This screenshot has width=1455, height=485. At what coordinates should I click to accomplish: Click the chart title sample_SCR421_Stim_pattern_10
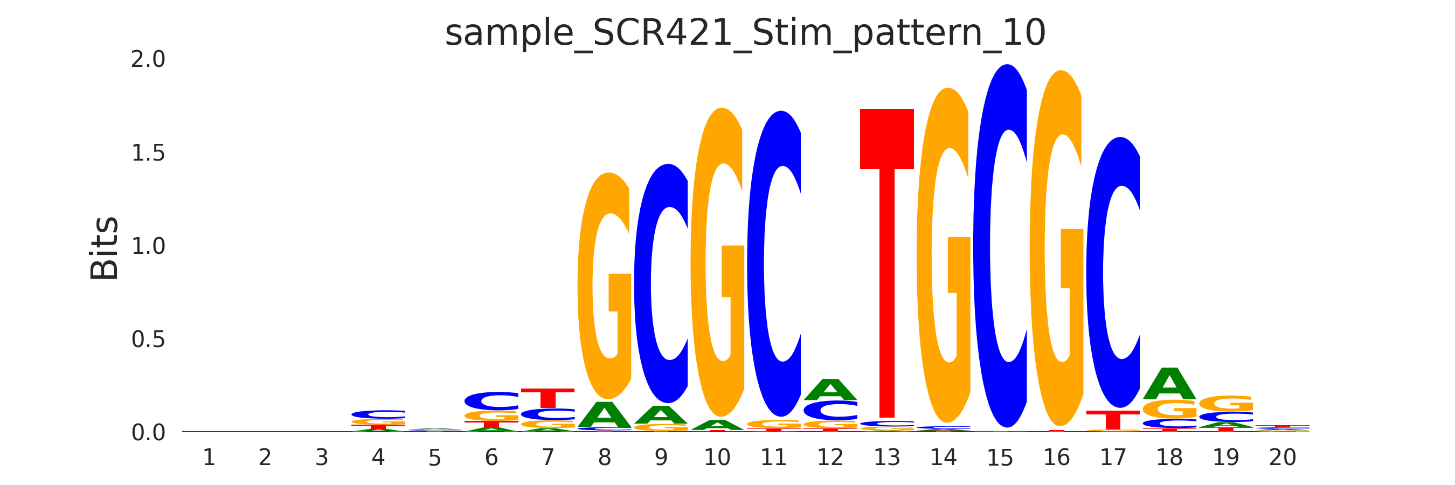[745, 33]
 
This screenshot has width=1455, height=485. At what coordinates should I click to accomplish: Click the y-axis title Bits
[105, 248]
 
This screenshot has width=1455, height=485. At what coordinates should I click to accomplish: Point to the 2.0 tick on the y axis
[148, 59]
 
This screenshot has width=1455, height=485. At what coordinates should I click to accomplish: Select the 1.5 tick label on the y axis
[148, 153]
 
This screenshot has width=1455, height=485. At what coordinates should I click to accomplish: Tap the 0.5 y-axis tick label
[148, 340]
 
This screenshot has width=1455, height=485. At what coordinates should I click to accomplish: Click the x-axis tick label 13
[887, 458]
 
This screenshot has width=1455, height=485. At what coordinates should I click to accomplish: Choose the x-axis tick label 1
[209, 458]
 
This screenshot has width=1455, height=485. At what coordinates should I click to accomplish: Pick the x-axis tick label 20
[1282, 458]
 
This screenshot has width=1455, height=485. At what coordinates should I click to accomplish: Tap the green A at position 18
[1169, 385]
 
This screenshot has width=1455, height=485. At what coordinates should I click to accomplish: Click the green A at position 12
[830, 390]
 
